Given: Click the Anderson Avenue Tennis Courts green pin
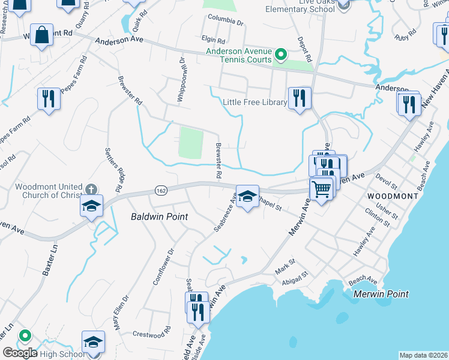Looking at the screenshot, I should click(x=280, y=56).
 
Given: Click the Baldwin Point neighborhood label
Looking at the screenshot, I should click(x=159, y=217).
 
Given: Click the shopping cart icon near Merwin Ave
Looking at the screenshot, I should click(x=322, y=190).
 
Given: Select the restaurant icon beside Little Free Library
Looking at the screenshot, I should click(x=299, y=97).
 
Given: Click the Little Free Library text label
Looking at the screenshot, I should click(x=255, y=102).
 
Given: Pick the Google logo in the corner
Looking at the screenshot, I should click(x=20, y=353).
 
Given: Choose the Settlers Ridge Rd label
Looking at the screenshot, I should click(x=114, y=170).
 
